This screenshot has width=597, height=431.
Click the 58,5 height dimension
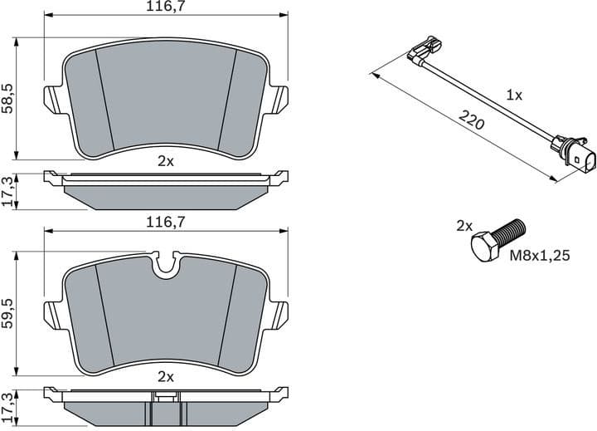point(8,98)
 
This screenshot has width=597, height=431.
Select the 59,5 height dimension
point(8,315)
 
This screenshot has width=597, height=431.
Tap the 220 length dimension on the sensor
point(471,122)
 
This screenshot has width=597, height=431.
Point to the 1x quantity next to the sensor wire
point(514,96)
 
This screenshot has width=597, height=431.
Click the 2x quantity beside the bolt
point(464,225)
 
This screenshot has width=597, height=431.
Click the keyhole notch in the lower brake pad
point(165,263)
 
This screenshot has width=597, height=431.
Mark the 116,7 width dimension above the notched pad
point(165,221)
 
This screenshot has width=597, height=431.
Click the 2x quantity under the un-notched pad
point(165,162)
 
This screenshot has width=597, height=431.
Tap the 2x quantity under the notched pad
point(165,376)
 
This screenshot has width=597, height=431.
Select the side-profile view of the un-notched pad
point(165,189)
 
